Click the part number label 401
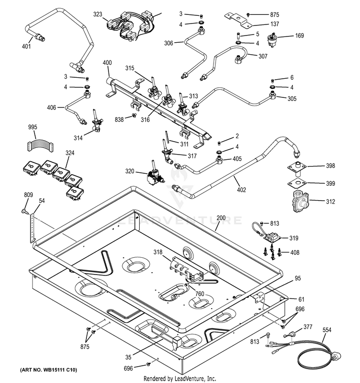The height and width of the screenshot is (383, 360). click(26, 48)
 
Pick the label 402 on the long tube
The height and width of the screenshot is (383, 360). click(241, 190)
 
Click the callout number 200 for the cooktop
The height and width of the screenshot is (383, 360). click(220, 218)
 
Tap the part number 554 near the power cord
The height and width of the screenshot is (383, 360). click(327, 331)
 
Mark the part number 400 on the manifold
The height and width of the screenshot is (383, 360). click(107, 63)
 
